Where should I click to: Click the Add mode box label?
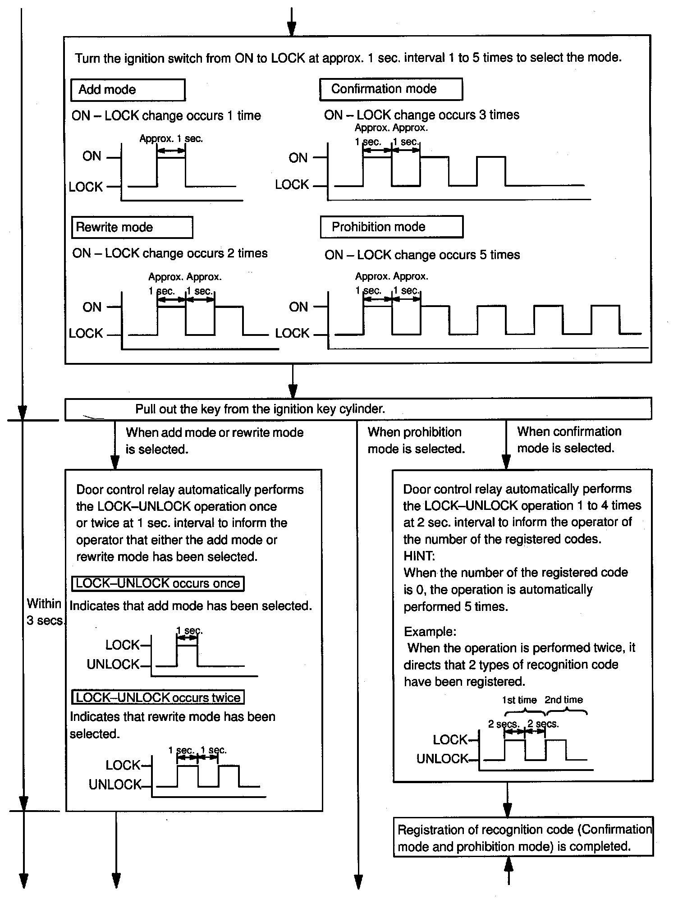(107, 89)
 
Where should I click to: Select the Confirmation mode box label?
(384, 89)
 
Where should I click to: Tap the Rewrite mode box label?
(115, 227)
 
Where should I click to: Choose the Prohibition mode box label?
(378, 227)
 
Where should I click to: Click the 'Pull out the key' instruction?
(260, 409)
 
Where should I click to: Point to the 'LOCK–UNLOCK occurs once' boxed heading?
(158, 583)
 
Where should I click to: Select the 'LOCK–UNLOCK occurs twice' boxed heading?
(158, 697)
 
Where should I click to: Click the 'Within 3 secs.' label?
(44, 612)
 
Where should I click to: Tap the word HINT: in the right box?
(419, 555)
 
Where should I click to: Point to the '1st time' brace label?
(519, 700)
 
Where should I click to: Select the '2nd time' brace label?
(563, 700)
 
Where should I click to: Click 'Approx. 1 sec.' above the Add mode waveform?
(171, 138)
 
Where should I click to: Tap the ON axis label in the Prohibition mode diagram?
(298, 307)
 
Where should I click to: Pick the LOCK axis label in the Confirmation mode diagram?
(292, 184)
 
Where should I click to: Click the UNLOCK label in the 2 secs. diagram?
(442, 759)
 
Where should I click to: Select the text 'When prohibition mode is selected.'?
(416, 440)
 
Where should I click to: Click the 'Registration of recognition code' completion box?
(523, 838)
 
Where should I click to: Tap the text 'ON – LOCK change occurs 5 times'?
(422, 255)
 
